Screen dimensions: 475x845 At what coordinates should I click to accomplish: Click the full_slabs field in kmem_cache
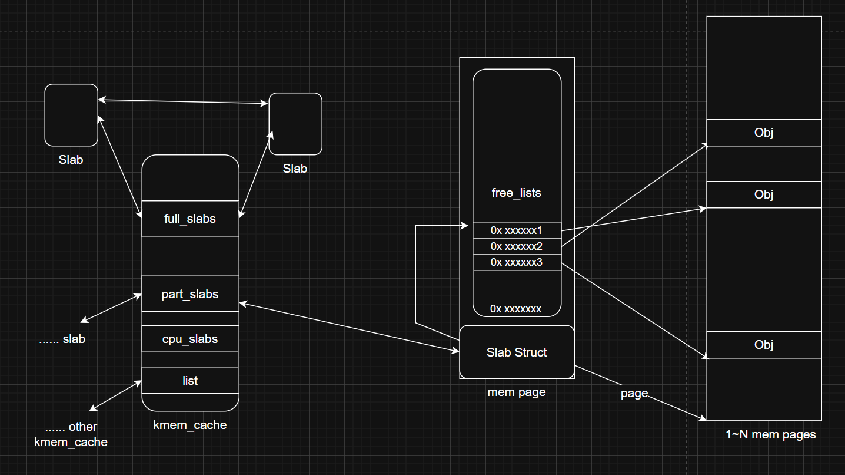click(x=190, y=219)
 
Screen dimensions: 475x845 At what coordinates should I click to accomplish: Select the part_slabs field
click(x=190, y=294)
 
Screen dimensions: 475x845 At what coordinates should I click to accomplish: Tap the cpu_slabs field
click(x=190, y=339)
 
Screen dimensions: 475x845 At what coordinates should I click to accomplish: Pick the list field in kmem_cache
click(x=190, y=381)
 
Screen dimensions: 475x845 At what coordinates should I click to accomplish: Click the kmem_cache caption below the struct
click(x=190, y=425)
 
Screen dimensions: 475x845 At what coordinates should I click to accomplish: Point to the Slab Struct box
click(x=517, y=352)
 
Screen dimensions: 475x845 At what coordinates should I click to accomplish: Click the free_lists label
click(x=517, y=193)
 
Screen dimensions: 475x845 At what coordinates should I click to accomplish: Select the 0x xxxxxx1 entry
click(x=517, y=230)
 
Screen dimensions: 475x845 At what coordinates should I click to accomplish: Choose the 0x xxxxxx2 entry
click(x=517, y=246)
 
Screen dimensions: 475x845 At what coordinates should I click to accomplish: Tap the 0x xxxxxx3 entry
click(x=517, y=262)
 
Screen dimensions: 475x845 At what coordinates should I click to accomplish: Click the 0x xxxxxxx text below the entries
click(x=516, y=309)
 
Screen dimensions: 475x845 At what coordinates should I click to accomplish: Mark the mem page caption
click(x=517, y=392)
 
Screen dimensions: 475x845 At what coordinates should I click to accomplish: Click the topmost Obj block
click(x=764, y=133)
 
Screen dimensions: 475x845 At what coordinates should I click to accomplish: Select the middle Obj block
click(x=764, y=194)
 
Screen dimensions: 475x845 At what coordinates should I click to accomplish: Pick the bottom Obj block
click(x=764, y=345)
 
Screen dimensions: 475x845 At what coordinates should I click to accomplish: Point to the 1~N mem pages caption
click(x=771, y=435)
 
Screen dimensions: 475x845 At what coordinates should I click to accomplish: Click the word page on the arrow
click(x=634, y=393)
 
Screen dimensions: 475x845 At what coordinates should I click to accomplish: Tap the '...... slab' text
click(x=62, y=339)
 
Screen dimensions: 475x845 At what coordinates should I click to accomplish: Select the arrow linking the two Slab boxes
click(x=183, y=102)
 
